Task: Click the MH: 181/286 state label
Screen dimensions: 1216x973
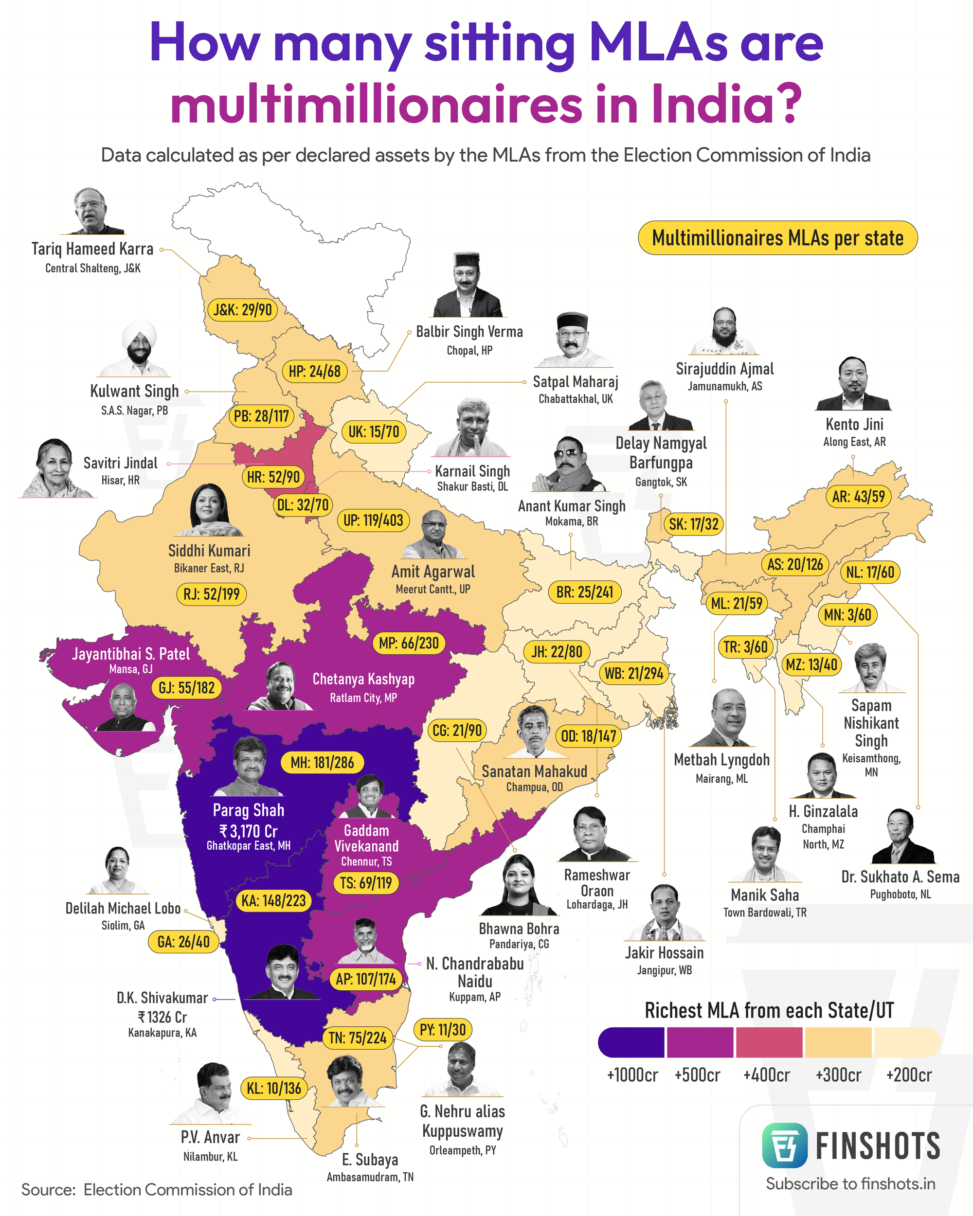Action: pyautogui.click(x=322, y=763)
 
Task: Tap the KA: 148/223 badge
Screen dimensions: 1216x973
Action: pyautogui.click(x=273, y=901)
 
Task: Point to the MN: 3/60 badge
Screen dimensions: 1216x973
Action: pyautogui.click(x=847, y=614)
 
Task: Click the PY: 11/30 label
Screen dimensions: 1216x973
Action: pyautogui.click(x=443, y=1030)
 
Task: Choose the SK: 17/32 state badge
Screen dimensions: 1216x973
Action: pyautogui.click(x=693, y=524)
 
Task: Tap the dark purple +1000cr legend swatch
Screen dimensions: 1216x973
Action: pyautogui.click(x=631, y=1042)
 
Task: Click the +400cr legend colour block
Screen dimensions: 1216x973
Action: pyautogui.click(x=769, y=1042)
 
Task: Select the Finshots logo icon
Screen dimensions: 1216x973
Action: pyautogui.click(x=784, y=1145)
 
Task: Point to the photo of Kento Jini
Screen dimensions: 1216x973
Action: pyautogui.click(x=853, y=385)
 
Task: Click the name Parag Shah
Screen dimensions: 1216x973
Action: pyautogui.click(x=248, y=810)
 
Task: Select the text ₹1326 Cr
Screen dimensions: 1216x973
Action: pyautogui.click(x=162, y=1017)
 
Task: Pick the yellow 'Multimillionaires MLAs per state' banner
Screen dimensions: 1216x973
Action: pyautogui.click(x=777, y=238)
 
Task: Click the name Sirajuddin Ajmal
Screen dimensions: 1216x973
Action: pyautogui.click(x=725, y=369)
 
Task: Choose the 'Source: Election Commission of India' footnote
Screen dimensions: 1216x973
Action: pyautogui.click(x=157, y=1190)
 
